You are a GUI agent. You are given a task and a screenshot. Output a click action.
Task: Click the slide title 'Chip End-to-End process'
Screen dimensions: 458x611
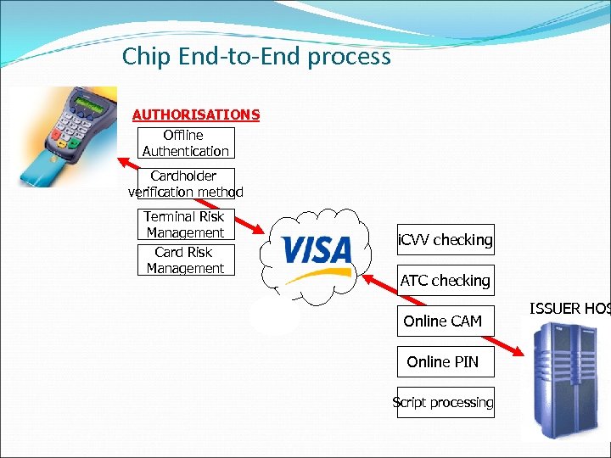click(256, 57)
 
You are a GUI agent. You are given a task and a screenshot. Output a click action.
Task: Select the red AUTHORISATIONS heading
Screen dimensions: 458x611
click(196, 114)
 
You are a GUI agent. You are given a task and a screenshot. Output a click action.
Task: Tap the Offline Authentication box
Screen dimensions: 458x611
click(185, 143)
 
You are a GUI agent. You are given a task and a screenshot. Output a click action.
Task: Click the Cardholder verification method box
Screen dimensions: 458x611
click(185, 184)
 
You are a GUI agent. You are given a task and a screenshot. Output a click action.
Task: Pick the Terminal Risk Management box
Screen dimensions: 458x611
click(185, 225)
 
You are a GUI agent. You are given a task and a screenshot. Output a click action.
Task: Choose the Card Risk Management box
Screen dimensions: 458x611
click(185, 260)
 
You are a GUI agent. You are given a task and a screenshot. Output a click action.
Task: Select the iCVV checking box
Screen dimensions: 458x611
click(446, 240)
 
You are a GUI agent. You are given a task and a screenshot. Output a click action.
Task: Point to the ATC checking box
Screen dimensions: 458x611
click(446, 281)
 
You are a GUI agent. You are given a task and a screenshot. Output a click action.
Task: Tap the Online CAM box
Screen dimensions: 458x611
click(443, 321)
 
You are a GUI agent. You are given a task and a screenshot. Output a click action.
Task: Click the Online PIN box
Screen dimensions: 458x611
click(443, 362)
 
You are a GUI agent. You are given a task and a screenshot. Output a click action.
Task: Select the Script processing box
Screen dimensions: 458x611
click(443, 403)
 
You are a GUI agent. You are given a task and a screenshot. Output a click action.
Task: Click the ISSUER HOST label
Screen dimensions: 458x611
click(569, 308)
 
